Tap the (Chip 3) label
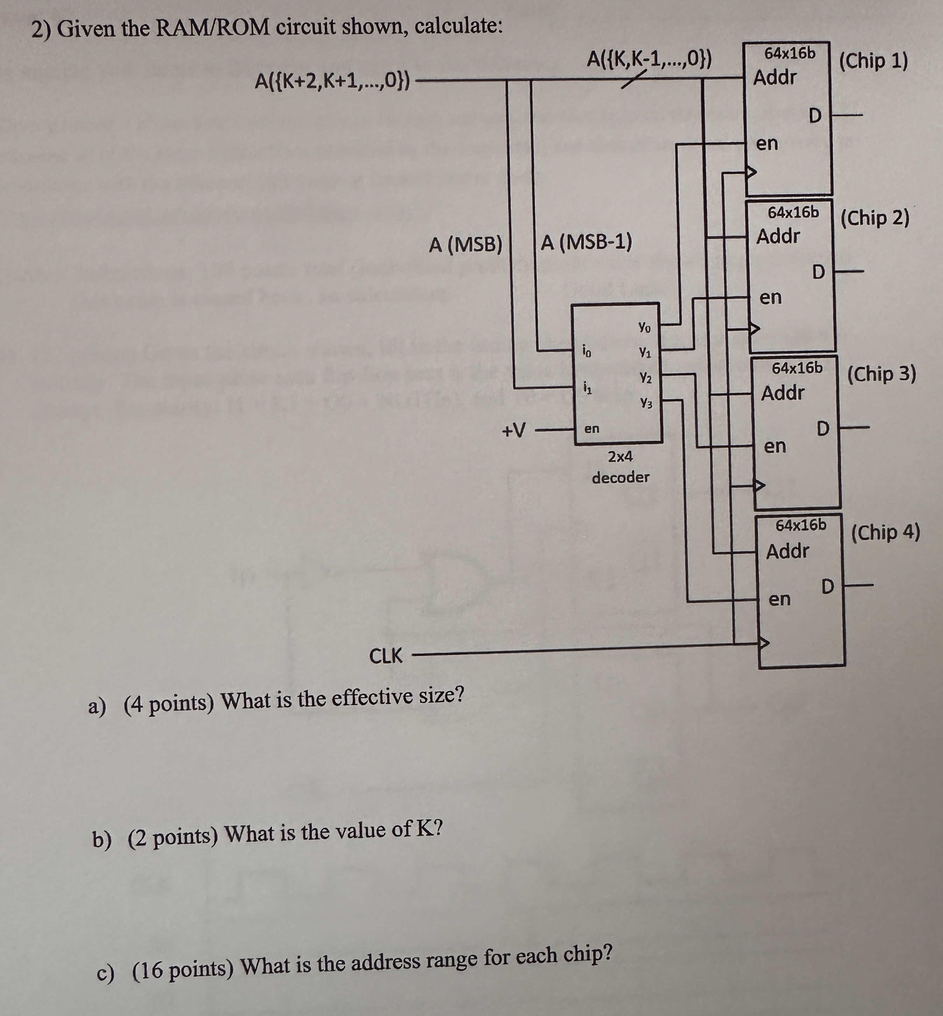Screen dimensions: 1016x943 point(881,374)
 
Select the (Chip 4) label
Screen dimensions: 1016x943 point(885,533)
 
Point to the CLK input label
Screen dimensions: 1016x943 point(385,656)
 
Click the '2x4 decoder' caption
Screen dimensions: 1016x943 point(620,467)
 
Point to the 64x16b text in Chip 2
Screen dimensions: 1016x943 point(794,212)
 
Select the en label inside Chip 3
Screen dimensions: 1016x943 point(775,447)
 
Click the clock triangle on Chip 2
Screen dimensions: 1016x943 point(754,329)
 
